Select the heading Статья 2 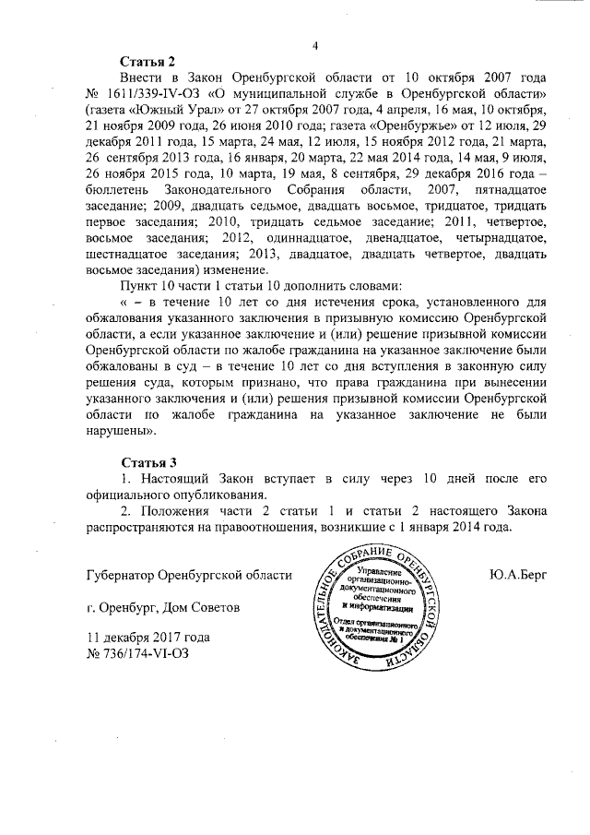coord(147,62)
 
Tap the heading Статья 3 coord(147,462)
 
